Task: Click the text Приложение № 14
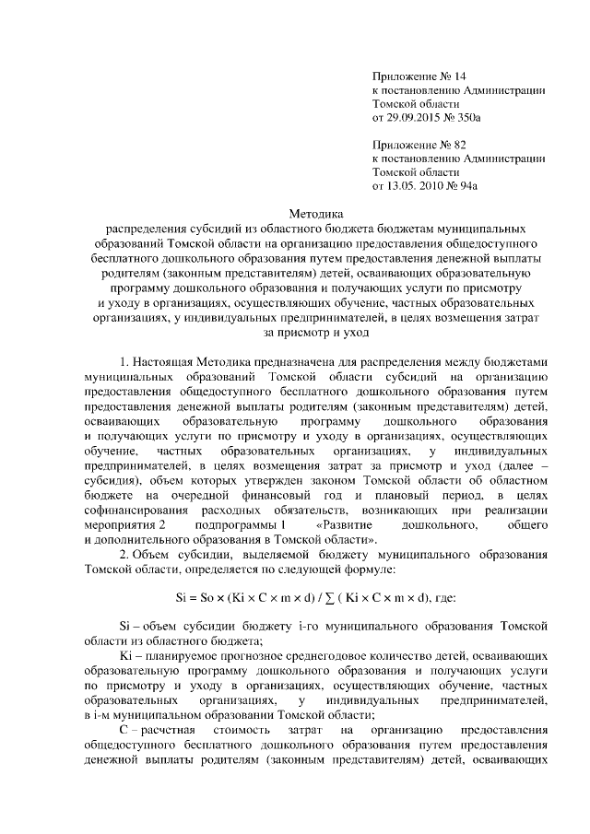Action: (417, 76)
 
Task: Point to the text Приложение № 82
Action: (417, 144)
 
